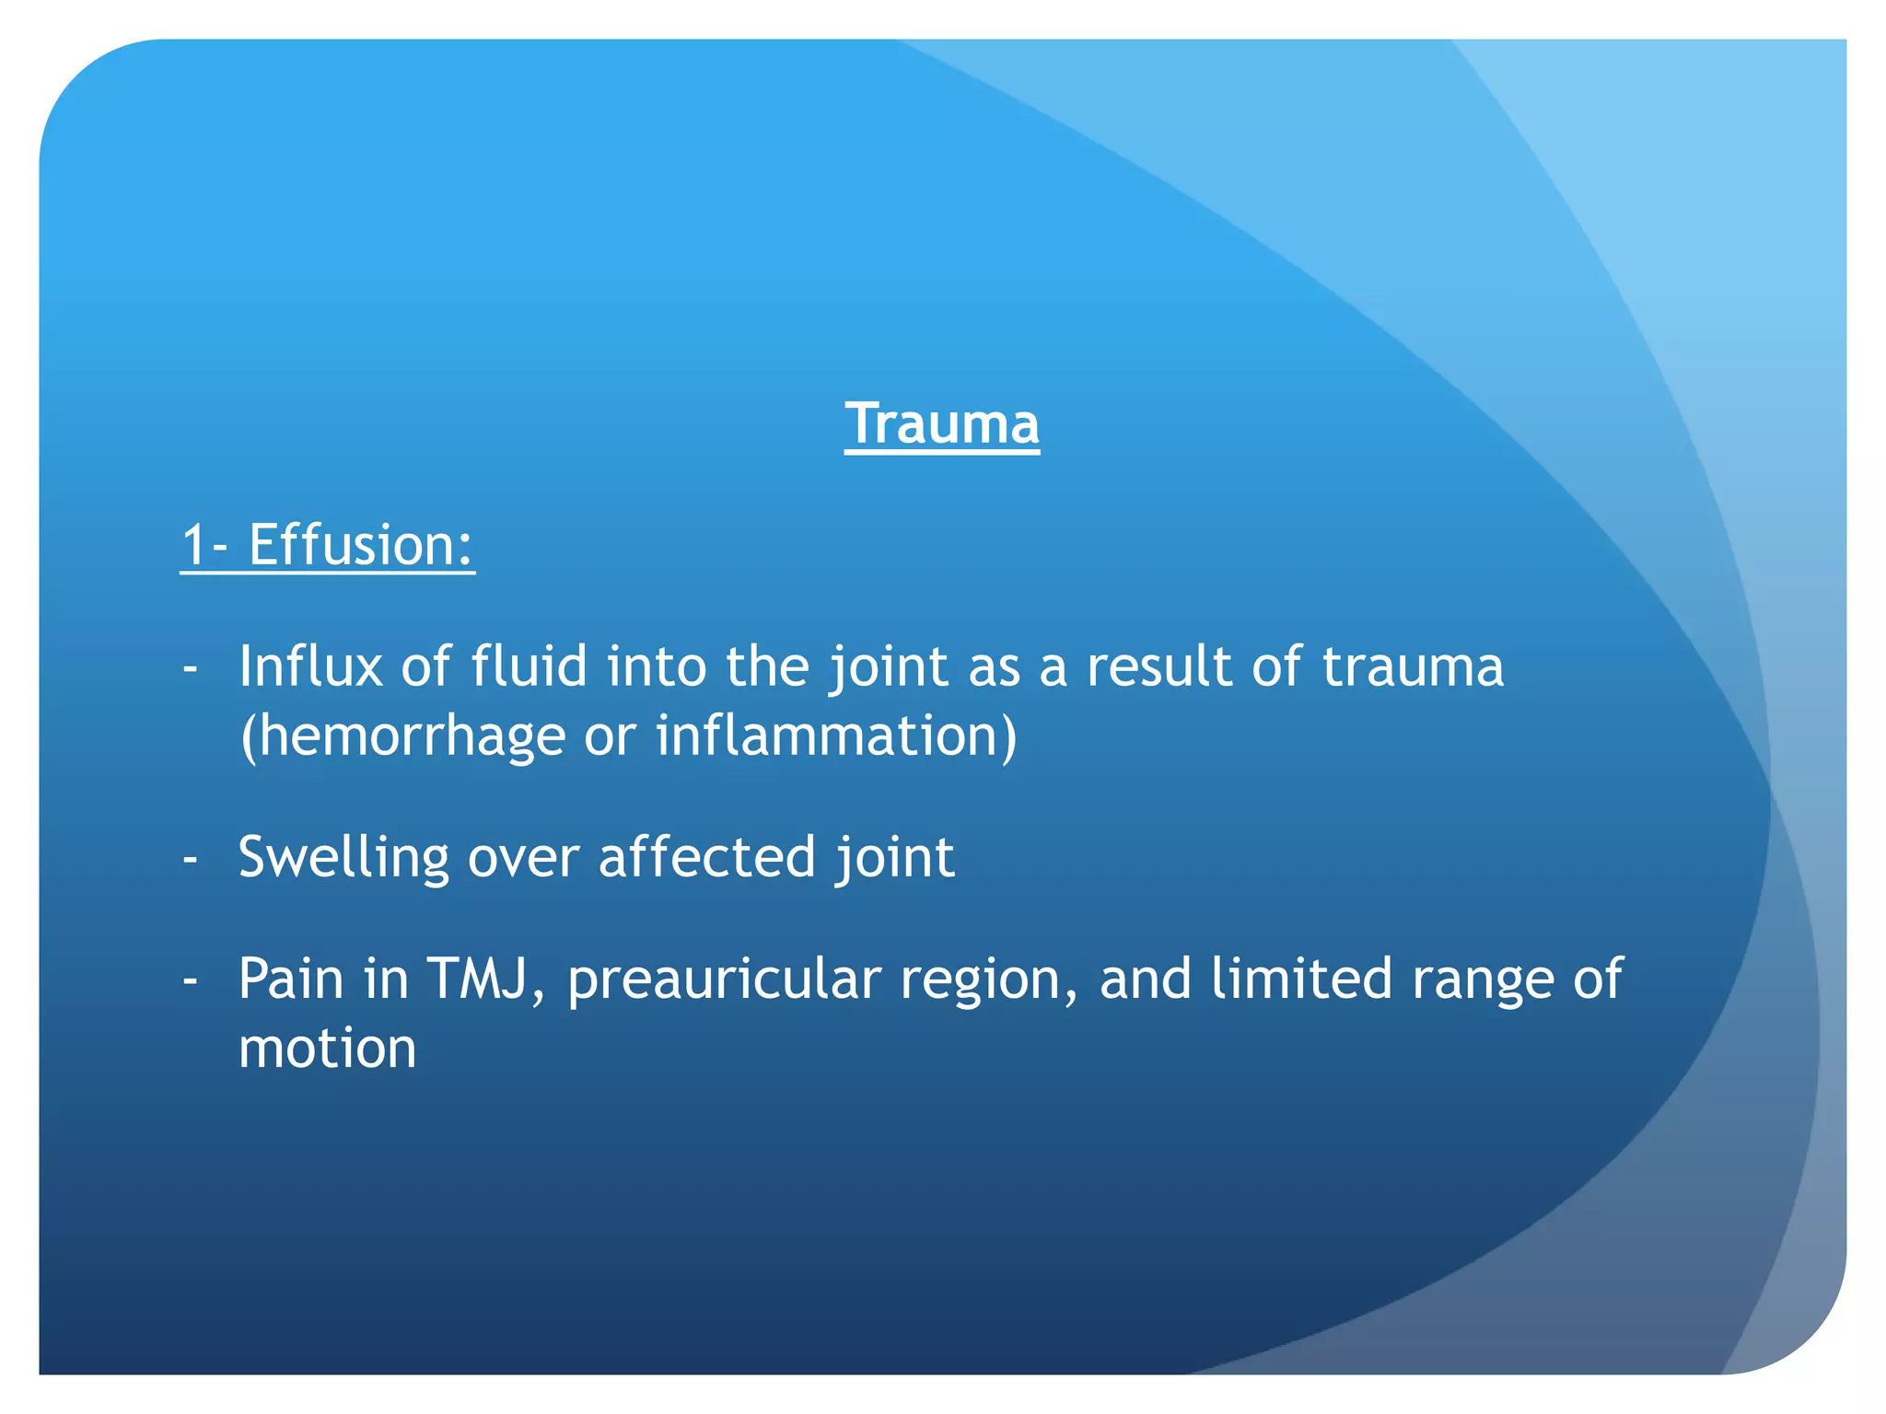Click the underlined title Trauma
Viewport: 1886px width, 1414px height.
point(941,424)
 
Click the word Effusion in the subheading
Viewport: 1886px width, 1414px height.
point(360,545)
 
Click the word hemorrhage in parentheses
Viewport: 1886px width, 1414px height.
point(410,736)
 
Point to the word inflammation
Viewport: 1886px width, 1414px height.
point(828,736)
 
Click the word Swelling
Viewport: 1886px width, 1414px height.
point(343,858)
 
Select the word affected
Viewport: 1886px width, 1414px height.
point(706,858)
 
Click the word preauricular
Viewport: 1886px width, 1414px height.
point(724,980)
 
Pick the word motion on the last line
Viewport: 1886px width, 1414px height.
point(327,1049)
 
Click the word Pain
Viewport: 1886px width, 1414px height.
point(290,979)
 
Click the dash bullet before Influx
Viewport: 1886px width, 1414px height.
point(191,668)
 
